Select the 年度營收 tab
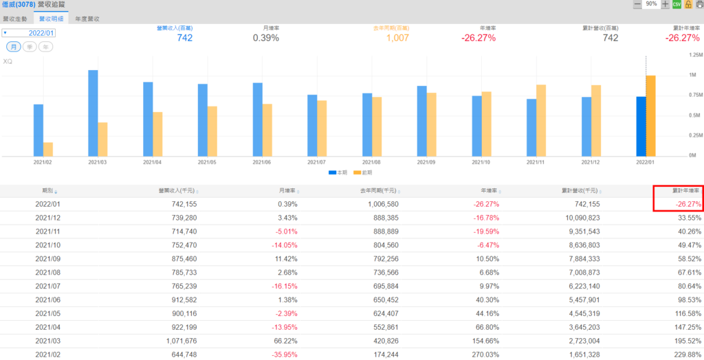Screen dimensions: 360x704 tap(87, 19)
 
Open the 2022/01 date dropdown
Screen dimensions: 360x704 tap(29, 32)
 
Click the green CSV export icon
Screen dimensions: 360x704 tap(676, 4)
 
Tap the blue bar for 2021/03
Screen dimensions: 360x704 tap(93, 113)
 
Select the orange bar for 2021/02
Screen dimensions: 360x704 tap(48, 149)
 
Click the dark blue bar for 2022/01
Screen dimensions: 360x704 tap(641, 126)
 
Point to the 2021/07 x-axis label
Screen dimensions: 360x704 tap(316, 163)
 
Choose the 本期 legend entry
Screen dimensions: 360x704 tap(336, 172)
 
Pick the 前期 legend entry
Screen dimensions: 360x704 tap(364, 172)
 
